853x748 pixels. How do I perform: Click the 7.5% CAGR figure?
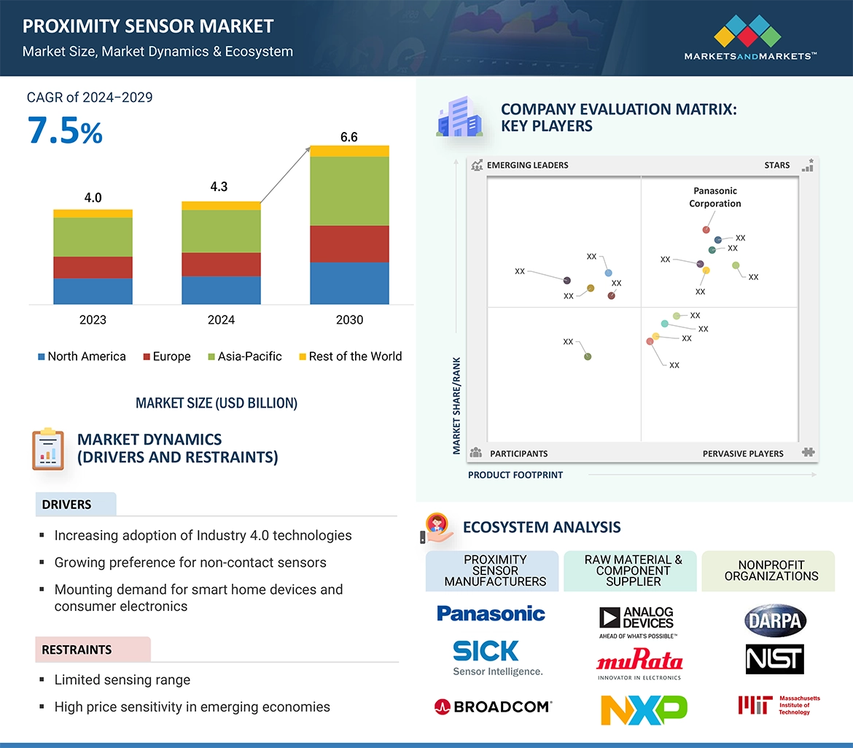[x=65, y=131]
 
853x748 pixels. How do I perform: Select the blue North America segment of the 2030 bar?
[x=349, y=283]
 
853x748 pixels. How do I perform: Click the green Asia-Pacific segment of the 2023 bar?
[x=93, y=237]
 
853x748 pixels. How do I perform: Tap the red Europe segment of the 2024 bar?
[x=221, y=264]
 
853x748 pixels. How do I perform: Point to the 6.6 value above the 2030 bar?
[x=349, y=137]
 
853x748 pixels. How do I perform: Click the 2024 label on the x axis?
[x=221, y=319]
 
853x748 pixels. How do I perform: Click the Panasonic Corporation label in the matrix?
[x=714, y=197]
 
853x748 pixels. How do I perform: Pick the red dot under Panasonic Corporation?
[x=706, y=230]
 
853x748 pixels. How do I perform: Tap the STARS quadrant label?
[x=777, y=165]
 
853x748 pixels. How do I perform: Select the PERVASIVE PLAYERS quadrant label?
[x=743, y=453]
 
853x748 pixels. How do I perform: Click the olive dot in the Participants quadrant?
[x=588, y=357]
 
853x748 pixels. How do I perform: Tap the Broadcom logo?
[x=493, y=706]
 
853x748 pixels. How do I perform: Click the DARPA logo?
[x=774, y=621]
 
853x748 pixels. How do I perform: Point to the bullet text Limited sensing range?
[x=122, y=679]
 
